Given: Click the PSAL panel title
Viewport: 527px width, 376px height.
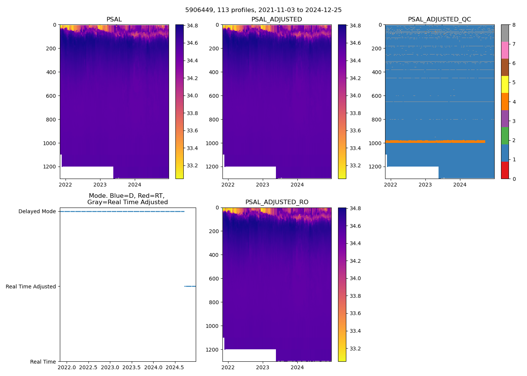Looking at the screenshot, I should [114, 20].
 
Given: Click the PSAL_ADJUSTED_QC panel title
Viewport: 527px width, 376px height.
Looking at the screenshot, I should [439, 20].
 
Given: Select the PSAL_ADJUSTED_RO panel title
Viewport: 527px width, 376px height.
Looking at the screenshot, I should [277, 202].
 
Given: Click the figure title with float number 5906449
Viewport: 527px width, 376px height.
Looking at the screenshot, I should [263, 10].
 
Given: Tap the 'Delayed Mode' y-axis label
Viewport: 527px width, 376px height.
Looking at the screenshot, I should [37, 211].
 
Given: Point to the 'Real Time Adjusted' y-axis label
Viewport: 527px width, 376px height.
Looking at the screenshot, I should [31, 287].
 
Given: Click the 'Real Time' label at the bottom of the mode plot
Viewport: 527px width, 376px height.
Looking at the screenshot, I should [43, 362].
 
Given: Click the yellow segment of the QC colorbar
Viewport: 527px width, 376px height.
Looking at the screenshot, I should [505, 84].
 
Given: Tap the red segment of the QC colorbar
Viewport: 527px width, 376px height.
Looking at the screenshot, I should [505, 170].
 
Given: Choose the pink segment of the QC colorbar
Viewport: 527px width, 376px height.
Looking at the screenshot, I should [505, 50].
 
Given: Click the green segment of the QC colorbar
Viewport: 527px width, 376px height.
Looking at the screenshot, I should [505, 136].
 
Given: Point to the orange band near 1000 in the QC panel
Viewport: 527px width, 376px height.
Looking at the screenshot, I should [435, 141].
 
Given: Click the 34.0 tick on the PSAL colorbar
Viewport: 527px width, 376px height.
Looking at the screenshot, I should [192, 96].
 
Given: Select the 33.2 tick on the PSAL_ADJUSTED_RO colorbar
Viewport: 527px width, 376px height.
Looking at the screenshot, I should [355, 349].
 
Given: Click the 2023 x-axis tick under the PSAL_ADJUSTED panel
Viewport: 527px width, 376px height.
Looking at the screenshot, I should [263, 185].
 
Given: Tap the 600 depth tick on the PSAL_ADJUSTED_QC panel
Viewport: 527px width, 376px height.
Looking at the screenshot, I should [378, 96].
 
